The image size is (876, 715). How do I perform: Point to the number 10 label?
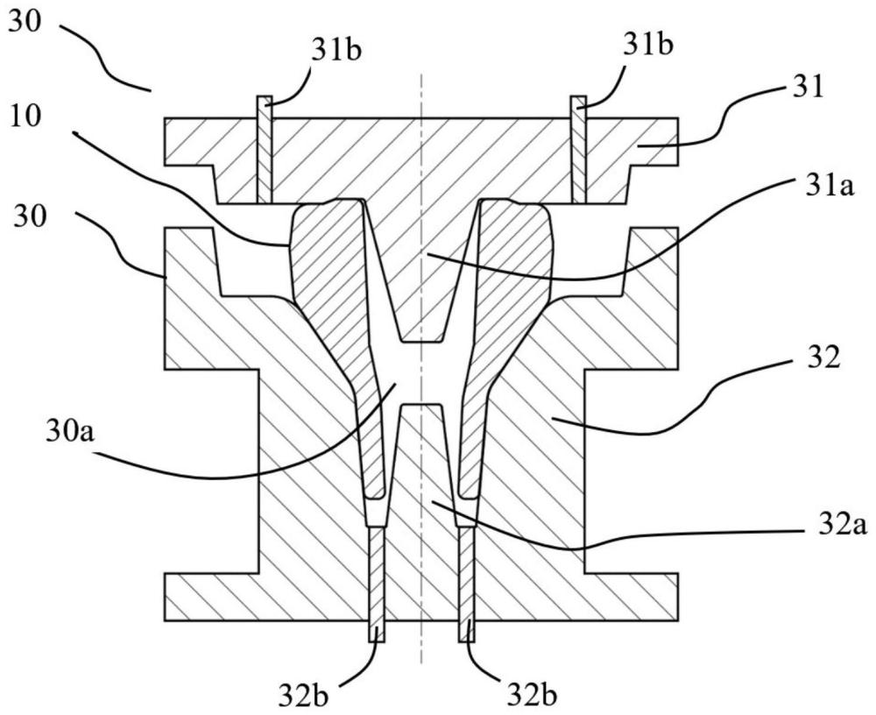pos(25,119)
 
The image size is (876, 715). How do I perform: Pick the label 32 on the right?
pos(823,357)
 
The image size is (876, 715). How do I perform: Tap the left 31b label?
pos(337,50)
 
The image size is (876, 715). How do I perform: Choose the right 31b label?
pos(648,46)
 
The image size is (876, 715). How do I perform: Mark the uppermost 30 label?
pos(25,24)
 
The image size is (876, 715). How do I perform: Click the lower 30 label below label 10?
pos(30,217)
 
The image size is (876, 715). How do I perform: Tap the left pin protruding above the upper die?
pos(265,149)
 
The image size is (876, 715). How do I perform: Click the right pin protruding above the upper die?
pos(579,149)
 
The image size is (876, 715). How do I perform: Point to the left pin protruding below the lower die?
pos(377,584)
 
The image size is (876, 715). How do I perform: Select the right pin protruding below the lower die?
pos(467,584)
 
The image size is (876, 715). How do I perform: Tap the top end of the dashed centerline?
pos(422,74)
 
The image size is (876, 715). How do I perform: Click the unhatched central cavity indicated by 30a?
pos(423,372)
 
